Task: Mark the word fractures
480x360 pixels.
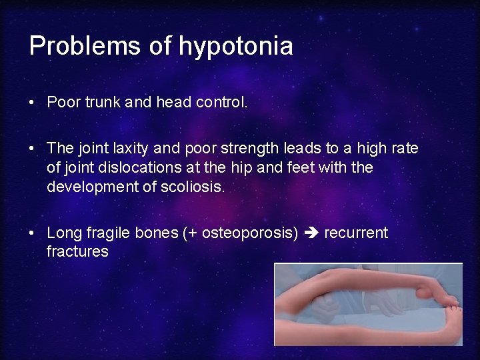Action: [x=77, y=251]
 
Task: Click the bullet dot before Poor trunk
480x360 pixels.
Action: [x=32, y=103]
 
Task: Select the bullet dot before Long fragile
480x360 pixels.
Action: [x=32, y=234]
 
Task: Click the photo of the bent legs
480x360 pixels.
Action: [x=368, y=304]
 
